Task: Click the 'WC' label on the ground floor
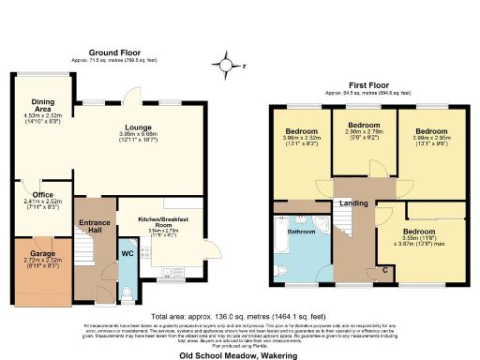point(127,252)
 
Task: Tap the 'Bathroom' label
point(301,230)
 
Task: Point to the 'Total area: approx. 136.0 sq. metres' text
point(240,316)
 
